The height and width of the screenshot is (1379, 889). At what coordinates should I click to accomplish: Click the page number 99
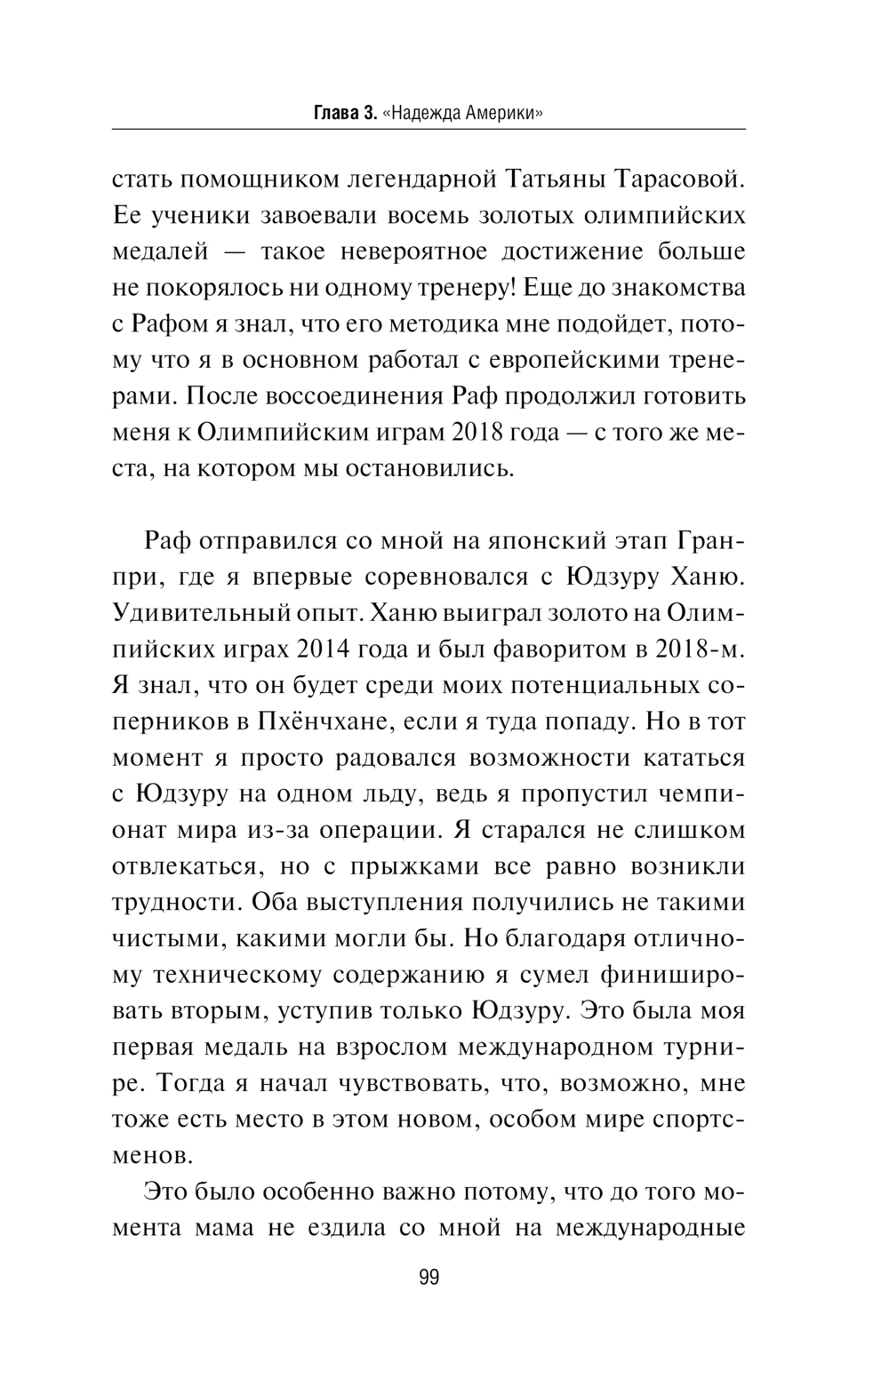(x=428, y=1278)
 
